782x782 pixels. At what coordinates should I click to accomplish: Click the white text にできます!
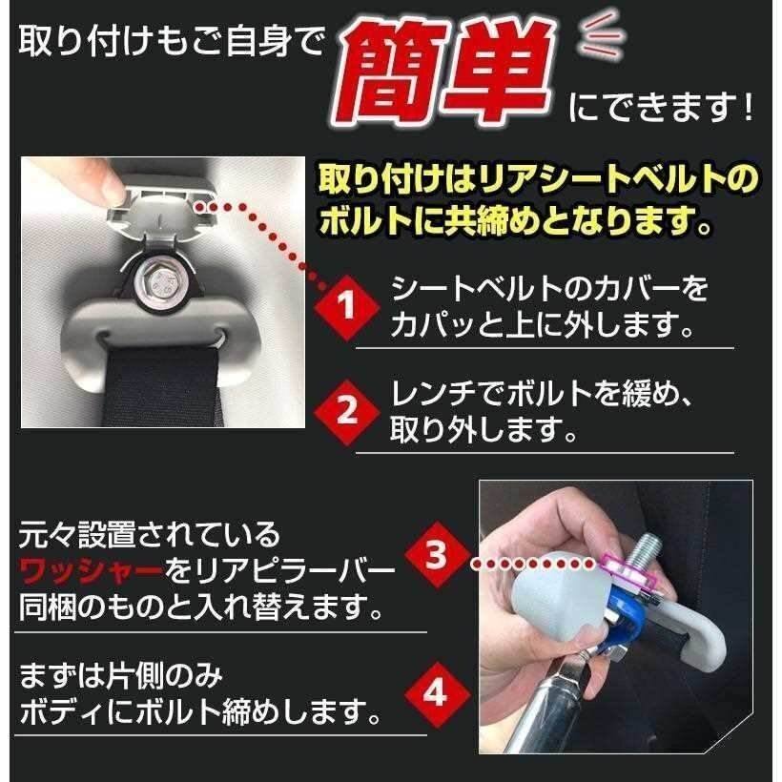click(x=660, y=106)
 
